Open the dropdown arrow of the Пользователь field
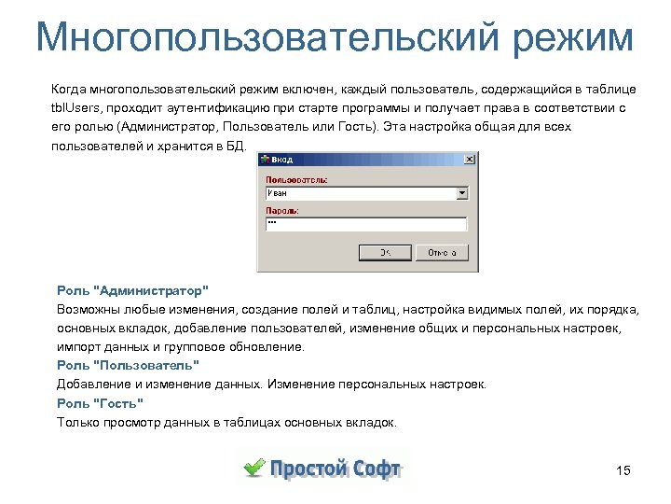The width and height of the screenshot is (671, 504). click(x=462, y=193)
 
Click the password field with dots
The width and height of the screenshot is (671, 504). click(x=365, y=224)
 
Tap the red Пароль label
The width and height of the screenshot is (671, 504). click(x=281, y=211)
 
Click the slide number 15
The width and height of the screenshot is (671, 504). click(x=623, y=470)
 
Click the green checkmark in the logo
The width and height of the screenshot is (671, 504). click(x=253, y=467)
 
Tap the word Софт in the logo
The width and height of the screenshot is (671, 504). click(x=377, y=468)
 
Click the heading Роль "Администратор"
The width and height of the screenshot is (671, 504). click(x=132, y=291)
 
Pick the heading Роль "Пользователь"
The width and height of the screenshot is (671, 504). click(x=128, y=365)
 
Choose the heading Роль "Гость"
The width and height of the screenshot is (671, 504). click(x=100, y=403)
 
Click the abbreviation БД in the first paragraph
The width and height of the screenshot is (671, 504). click(x=238, y=146)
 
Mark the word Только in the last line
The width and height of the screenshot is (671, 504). click(x=77, y=422)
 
